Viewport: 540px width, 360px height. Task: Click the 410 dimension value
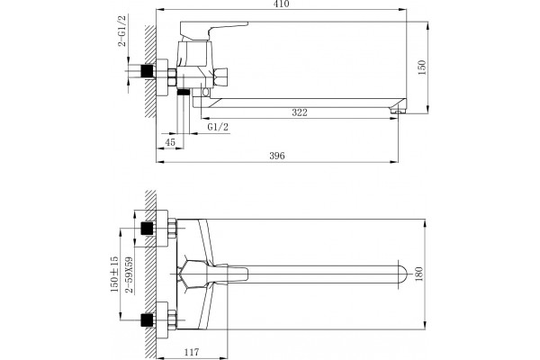(x=282, y=4)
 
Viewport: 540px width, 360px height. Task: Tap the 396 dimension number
(x=277, y=156)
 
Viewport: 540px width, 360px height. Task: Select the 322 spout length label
(x=300, y=112)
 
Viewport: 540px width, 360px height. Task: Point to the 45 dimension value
(x=170, y=142)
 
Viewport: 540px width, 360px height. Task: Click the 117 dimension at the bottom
(x=192, y=352)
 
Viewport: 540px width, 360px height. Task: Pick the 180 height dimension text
(x=418, y=274)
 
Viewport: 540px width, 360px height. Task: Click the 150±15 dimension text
(x=114, y=274)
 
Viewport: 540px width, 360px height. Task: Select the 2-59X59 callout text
(x=129, y=274)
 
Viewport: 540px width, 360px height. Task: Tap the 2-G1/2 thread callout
(x=122, y=31)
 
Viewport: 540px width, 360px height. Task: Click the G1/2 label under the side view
(x=218, y=127)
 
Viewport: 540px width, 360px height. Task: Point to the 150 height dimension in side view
(x=421, y=67)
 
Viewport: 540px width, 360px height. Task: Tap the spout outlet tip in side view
(x=398, y=111)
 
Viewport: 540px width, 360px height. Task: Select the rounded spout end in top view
(x=402, y=274)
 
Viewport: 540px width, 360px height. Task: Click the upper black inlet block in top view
(x=148, y=228)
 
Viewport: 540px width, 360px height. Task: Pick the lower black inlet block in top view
(x=148, y=319)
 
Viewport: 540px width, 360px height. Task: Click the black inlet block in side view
(x=148, y=71)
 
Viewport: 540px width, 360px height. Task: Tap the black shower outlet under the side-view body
(x=184, y=92)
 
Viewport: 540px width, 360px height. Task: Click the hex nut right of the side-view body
(x=220, y=76)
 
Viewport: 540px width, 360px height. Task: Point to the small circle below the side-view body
(x=206, y=92)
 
